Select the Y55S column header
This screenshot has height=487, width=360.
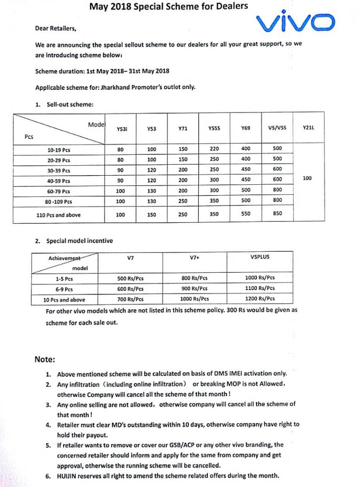pos(214,128)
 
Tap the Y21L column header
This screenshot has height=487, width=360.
pos(308,128)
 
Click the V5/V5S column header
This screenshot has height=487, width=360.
pos(277,128)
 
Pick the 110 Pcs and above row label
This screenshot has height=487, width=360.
pos(58,215)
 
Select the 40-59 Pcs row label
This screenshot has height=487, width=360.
pos(59,180)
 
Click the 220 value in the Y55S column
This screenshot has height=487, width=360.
pos(214,148)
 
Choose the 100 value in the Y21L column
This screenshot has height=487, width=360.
pos(307,178)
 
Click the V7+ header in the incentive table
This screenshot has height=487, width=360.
pos(195,258)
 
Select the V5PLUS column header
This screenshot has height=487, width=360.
pos(260,258)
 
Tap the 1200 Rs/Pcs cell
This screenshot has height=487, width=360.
pos(260,299)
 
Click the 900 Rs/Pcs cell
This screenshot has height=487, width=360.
pos(195,288)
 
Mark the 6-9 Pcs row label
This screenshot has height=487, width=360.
pos(64,289)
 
